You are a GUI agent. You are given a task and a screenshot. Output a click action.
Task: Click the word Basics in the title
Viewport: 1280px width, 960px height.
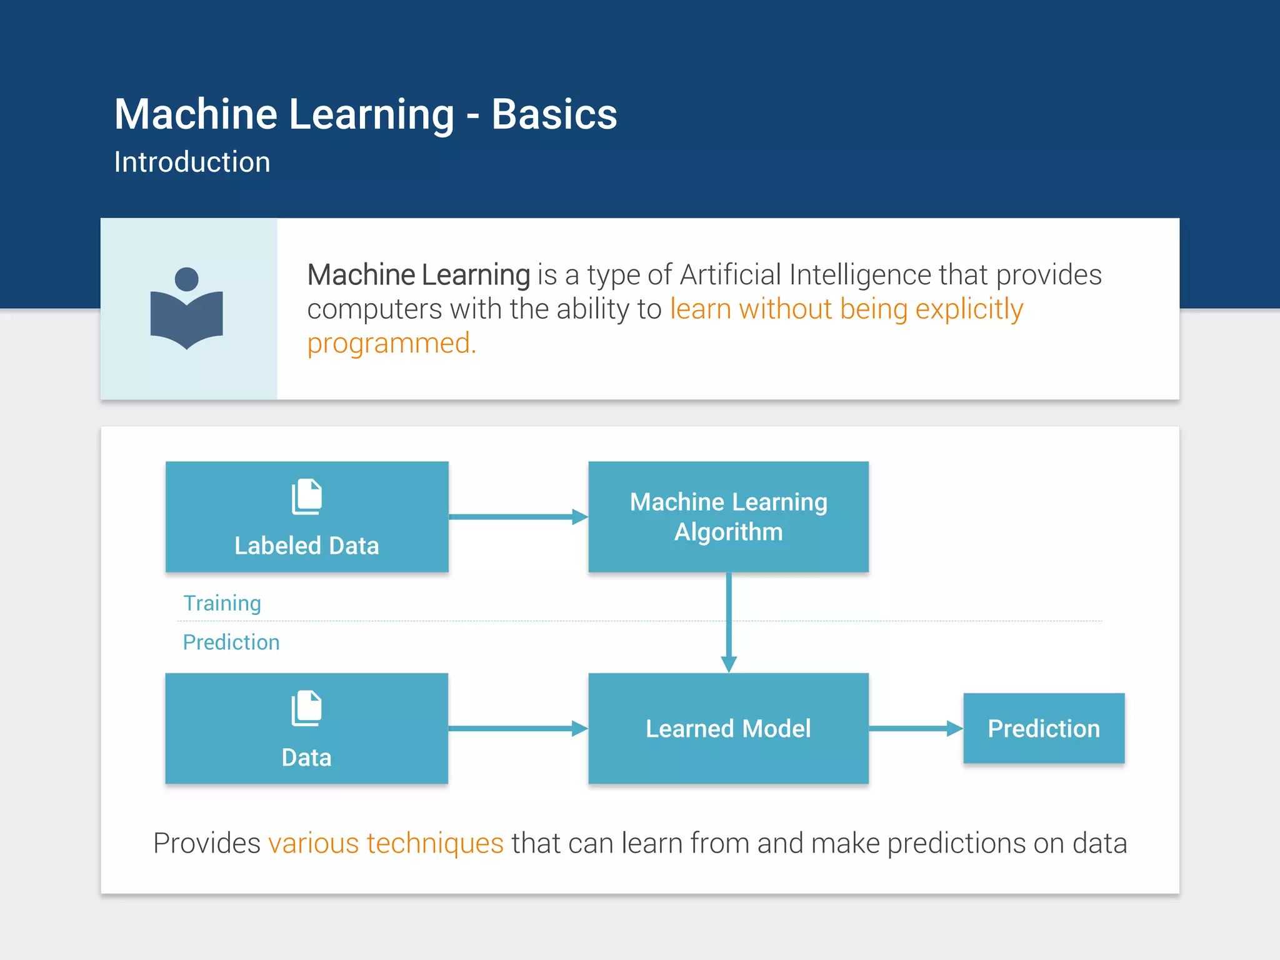[554, 114]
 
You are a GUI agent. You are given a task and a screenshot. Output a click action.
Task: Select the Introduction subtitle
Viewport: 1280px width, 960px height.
[192, 162]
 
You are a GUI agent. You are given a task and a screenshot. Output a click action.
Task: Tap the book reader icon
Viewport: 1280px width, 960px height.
[187, 308]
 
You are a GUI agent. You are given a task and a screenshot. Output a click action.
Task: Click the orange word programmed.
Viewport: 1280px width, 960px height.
[391, 344]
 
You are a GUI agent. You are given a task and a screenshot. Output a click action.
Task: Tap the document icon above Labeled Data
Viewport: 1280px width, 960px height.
[307, 497]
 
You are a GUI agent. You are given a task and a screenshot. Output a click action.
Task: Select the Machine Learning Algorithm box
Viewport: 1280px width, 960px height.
[728, 517]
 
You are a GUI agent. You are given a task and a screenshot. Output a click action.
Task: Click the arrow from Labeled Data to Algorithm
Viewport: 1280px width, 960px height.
[517, 517]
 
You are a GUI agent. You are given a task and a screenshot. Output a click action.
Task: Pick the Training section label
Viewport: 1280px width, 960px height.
[222, 603]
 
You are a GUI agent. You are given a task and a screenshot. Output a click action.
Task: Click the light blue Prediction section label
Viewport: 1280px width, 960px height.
[231, 642]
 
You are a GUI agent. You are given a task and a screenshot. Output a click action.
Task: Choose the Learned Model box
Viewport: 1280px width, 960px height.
[728, 729]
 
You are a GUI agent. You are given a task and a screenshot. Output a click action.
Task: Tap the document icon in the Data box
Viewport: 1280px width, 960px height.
[307, 708]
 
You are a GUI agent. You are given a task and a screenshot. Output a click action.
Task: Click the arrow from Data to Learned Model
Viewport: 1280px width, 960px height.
[517, 729]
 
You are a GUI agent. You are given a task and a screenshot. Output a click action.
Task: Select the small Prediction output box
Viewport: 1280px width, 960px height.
[1044, 729]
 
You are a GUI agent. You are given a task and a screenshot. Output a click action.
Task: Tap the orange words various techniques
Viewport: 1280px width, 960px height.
[386, 844]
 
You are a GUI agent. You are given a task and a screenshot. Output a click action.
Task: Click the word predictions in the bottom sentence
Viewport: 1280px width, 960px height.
[956, 844]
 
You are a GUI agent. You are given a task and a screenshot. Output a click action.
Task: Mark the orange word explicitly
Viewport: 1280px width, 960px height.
[969, 309]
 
